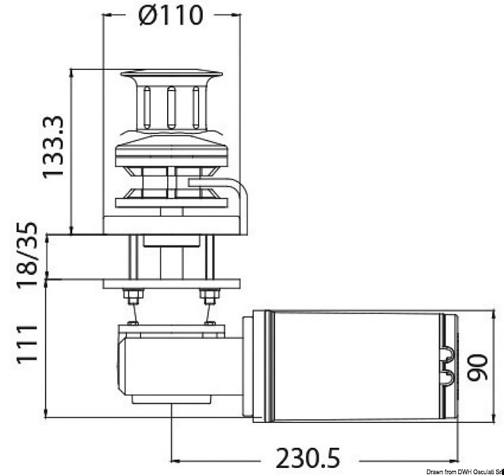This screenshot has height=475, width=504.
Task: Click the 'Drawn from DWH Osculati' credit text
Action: (458, 470)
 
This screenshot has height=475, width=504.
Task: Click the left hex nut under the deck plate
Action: (133, 297)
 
